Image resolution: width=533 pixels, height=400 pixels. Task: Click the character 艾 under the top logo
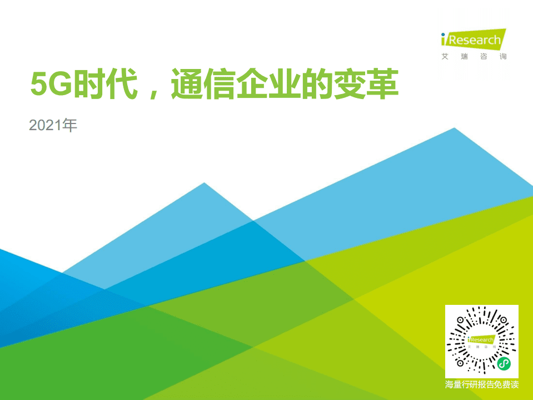point(445,56)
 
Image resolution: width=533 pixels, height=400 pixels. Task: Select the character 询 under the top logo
point(502,56)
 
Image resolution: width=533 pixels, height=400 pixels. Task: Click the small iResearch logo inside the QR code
point(481,340)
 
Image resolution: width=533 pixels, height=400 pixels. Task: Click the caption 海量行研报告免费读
point(482,385)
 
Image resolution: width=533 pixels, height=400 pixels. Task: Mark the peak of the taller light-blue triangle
point(455,129)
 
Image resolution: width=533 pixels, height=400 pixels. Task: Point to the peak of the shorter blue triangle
point(205,183)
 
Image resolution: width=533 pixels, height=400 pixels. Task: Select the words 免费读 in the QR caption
point(506,385)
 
